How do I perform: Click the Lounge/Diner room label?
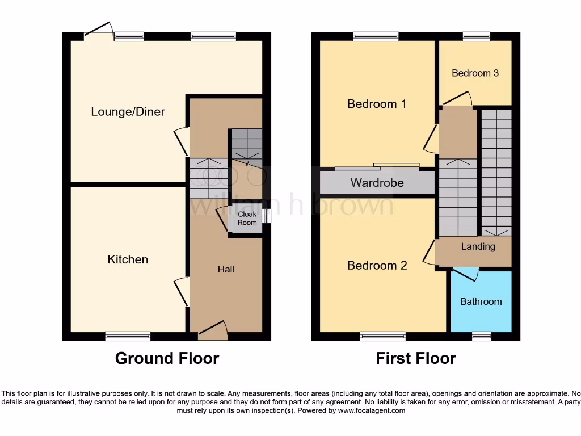[x=128, y=111]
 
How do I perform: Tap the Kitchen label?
[x=128, y=259]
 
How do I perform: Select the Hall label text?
[x=226, y=269]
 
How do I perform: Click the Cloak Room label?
[x=247, y=219]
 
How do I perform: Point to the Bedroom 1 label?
[x=377, y=104]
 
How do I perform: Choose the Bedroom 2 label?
[x=377, y=266]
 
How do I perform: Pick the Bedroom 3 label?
[x=475, y=73]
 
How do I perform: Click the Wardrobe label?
[x=377, y=183]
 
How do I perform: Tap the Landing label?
[x=478, y=246]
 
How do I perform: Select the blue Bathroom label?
[x=481, y=301]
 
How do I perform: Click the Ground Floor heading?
[x=167, y=358]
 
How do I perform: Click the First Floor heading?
[x=416, y=358]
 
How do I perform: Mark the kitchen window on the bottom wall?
[x=128, y=336]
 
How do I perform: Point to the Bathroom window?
[x=481, y=336]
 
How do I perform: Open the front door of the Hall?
[x=212, y=330]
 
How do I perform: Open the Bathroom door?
[x=465, y=274]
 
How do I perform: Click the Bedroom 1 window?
[x=376, y=36]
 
